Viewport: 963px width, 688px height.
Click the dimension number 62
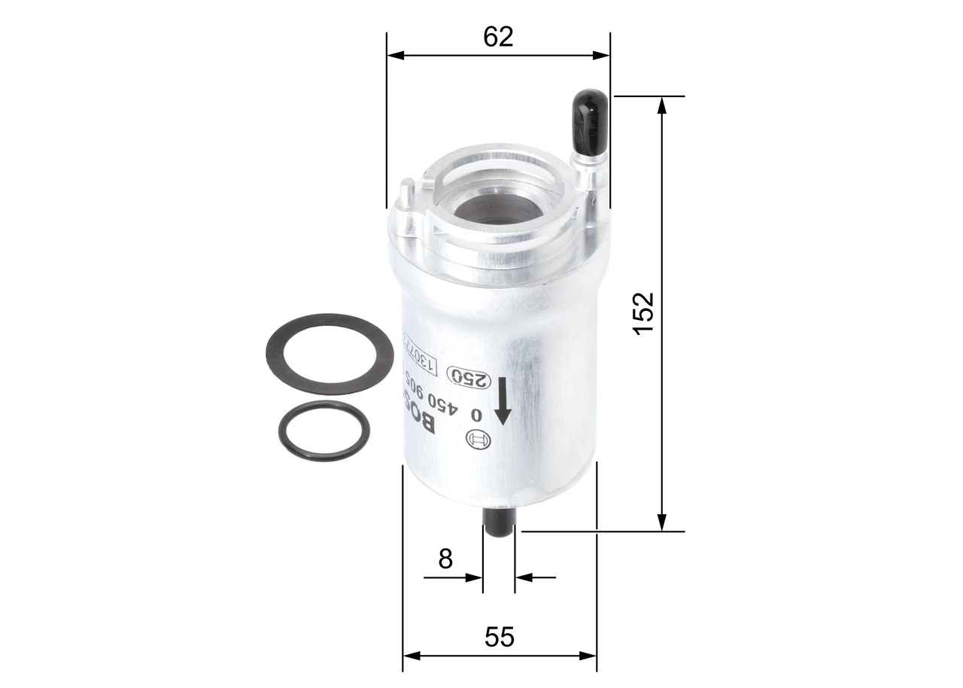[x=498, y=36]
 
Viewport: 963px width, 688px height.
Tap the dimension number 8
[x=445, y=559]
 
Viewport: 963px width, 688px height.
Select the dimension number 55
[x=499, y=637]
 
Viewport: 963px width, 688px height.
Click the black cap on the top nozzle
[x=590, y=120]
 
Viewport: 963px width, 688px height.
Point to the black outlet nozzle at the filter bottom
[x=498, y=522]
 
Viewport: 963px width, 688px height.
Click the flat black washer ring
[x=330, y=354]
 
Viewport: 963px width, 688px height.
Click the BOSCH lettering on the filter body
[x=421, y=410]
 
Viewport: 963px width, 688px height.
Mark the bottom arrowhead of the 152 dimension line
[x=662, y=522]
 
